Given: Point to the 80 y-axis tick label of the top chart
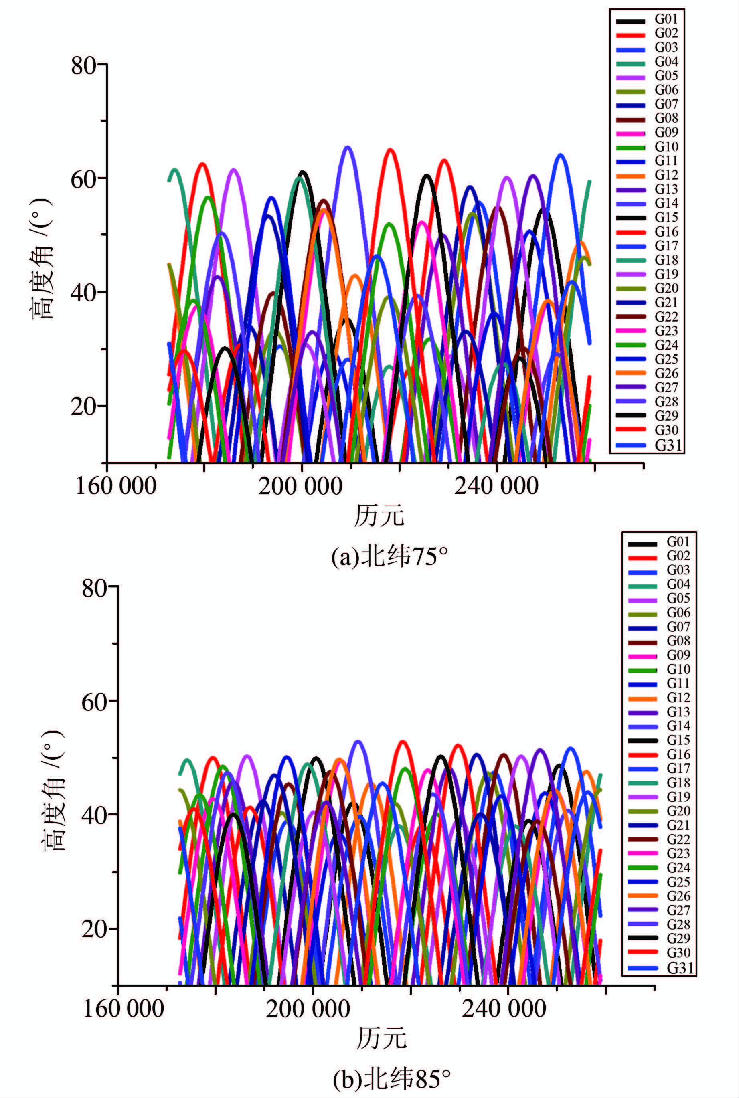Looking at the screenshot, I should tap(84, 65).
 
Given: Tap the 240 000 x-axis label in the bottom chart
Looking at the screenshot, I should tap(503, 1009).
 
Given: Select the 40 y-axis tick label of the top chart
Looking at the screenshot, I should tap(84, 292).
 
